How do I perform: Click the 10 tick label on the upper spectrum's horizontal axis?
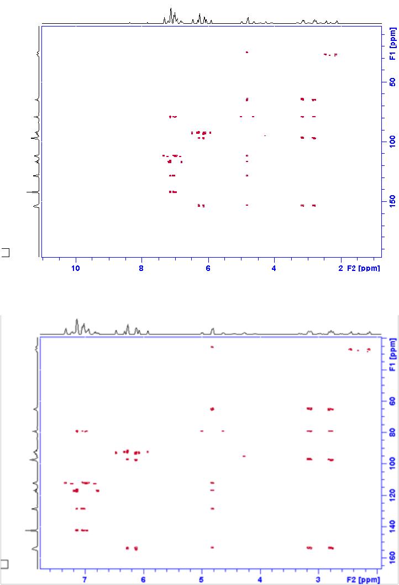(x=76, y=269)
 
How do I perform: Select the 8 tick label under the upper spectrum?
(x=141, y=269)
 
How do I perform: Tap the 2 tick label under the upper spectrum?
(x=340, y=269)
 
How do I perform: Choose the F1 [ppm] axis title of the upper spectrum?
(x=392, y=47)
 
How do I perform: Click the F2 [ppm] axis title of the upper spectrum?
(x=363, y=269)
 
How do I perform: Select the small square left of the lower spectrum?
(x=4, y=564)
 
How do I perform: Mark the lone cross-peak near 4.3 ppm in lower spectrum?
(x=244, y=456)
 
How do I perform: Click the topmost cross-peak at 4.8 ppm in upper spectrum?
(x=247, y=52)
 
